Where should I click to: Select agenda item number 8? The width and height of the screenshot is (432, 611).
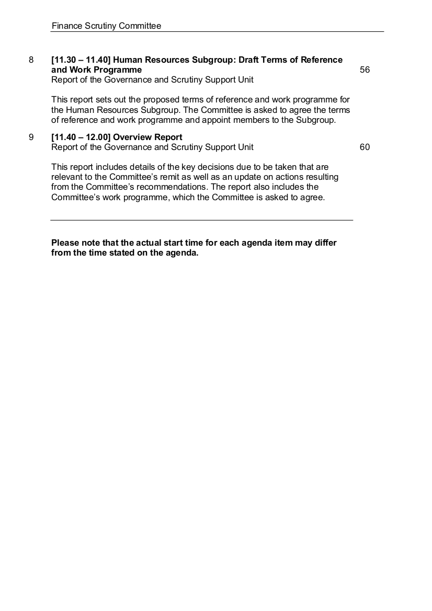coord(31,60)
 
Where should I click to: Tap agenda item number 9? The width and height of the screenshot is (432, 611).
coord(31,137)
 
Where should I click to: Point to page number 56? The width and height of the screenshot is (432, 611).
coord(365,70)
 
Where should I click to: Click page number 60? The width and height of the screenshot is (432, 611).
coord(365,147)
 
